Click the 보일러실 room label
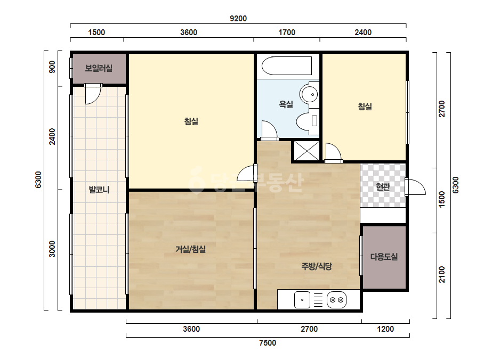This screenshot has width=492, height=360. point(99,68)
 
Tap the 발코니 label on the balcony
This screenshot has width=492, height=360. point(99,190)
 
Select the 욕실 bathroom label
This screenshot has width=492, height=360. point(286,104)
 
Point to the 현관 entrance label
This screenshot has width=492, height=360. point(383,187)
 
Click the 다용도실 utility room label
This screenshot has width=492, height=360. point(384,257)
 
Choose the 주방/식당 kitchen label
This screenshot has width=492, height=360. point(317,266)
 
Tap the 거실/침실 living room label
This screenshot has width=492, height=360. point(190,249)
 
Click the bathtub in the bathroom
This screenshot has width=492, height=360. point(287,66)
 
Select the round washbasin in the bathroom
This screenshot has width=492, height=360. point(309,93)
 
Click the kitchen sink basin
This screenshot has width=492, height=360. point(302,300)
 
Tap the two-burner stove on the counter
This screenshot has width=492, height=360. point(337,300)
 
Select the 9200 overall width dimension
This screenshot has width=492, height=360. point(238,19)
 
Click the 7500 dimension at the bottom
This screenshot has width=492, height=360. point(268,343)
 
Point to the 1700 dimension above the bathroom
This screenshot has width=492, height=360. point(287,32)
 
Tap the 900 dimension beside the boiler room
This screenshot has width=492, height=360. point(52,67)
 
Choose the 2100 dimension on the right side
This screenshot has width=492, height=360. point(442,274)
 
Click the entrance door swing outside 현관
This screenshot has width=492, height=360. point(415,187)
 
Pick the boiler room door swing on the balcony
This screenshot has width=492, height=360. point(93,94)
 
